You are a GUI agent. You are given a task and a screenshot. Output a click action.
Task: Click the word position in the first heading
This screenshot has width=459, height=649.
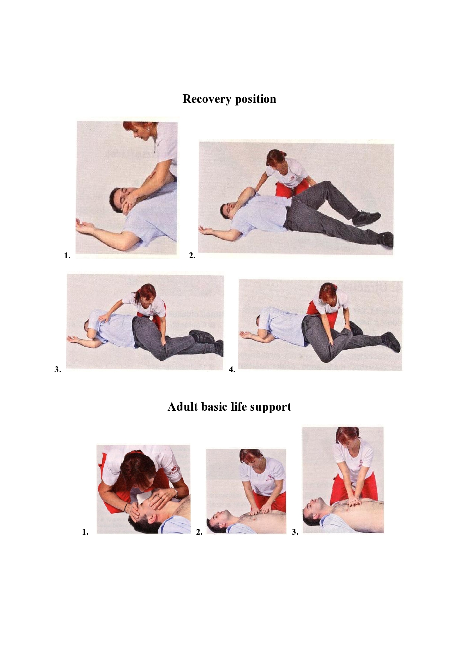256,99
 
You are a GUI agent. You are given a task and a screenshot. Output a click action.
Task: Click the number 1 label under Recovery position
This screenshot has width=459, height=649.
67,255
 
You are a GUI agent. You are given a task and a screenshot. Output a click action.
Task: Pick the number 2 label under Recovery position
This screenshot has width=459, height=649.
192,255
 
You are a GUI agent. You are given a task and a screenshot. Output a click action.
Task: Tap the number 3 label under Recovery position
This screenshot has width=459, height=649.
58,369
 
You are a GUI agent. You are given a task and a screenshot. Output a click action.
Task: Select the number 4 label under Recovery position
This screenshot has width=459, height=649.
232,369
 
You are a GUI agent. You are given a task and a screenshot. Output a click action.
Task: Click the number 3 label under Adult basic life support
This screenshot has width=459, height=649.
295,532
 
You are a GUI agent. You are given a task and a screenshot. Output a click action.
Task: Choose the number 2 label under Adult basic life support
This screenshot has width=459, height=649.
199,532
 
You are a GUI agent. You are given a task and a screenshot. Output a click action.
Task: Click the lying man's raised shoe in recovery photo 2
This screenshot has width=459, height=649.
366,218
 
